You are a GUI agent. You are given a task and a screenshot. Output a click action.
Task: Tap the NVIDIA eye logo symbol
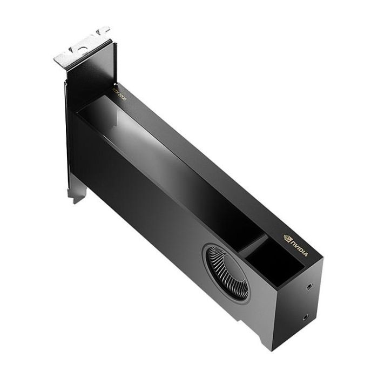(x=287, y=238)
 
